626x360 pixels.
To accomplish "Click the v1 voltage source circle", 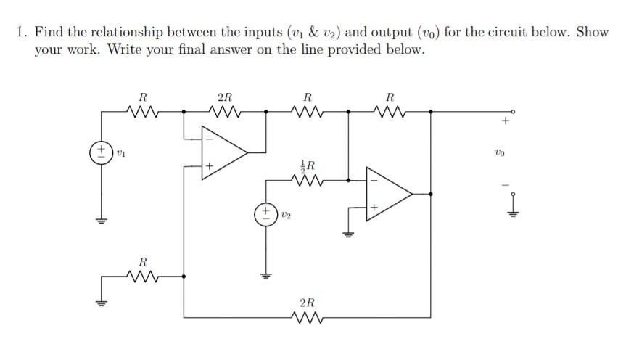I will [x=100, y=153].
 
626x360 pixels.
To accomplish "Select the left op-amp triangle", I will [x=224, y=152].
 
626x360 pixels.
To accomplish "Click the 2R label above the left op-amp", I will [x=225, y=97].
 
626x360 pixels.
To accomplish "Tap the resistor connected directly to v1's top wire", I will [x=142, y=112].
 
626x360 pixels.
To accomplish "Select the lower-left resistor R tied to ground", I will [x=142, y=276].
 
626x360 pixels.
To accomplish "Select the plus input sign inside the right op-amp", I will [x=374, y=208].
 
